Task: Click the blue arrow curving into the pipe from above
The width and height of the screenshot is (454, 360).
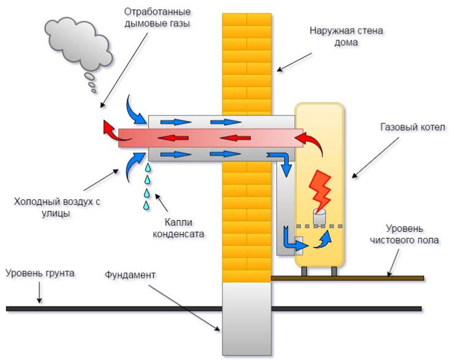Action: point(135,109)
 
